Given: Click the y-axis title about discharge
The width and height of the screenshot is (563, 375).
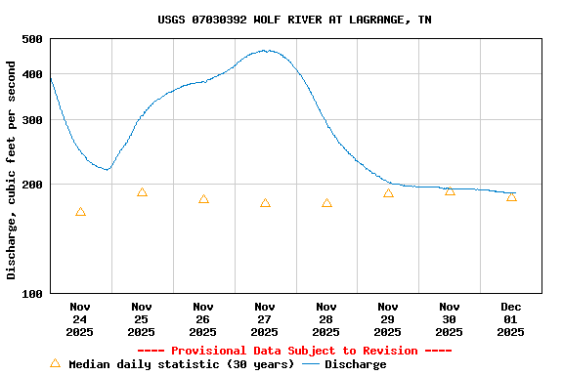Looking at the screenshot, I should coord(12,170).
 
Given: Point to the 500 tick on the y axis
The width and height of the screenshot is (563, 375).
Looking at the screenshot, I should coord(32,39).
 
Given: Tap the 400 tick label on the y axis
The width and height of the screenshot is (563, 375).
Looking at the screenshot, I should coord(32,74).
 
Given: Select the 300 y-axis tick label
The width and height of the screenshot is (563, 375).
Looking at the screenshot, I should coord(32,120).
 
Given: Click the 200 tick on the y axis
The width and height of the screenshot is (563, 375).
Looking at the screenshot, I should coord(32,185).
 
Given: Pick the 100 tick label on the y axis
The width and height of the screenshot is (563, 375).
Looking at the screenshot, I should coord(32,294).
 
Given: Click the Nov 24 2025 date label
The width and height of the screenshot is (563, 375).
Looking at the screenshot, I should coord(80,318).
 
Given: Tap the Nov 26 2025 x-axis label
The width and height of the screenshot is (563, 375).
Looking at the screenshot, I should coord(203,318).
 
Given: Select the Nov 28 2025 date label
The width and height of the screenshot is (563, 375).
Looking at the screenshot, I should coord(326,318).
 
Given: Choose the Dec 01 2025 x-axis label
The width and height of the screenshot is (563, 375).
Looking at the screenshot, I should coord(510,318).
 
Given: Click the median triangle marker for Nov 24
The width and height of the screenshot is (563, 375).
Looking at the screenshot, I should coord(80,212).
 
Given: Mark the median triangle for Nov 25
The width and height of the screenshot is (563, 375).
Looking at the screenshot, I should coord(142,192).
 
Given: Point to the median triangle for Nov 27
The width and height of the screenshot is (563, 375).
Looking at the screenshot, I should coord(265,203).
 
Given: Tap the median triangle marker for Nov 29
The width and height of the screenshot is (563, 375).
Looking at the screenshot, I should coord(388,193).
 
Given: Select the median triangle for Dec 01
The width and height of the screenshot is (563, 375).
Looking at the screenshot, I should coord(511,197).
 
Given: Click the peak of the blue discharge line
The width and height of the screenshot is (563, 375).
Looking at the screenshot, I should coord(266,51).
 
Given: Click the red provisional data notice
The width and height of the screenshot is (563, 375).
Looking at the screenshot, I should coord(294,351).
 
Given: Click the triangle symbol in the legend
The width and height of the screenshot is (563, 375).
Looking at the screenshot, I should coord(56,363).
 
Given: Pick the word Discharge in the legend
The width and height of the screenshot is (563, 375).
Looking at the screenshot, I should coord(355,364).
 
